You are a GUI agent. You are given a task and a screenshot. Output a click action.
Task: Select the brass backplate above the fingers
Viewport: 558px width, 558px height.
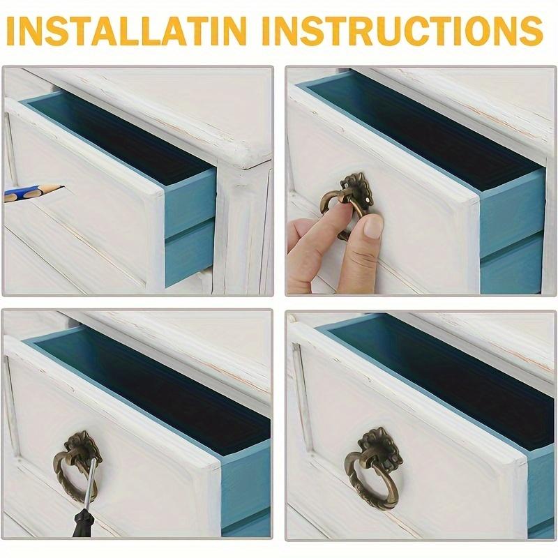point(356,187)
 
